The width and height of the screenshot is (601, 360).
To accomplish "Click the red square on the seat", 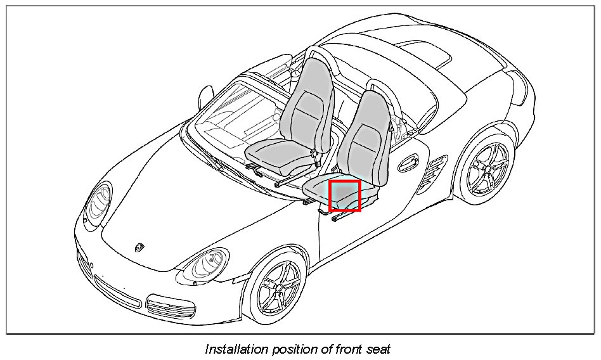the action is point(345,195).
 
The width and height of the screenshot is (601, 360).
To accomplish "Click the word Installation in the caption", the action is point(232,349).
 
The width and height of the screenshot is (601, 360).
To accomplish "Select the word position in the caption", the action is point(291,349).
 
